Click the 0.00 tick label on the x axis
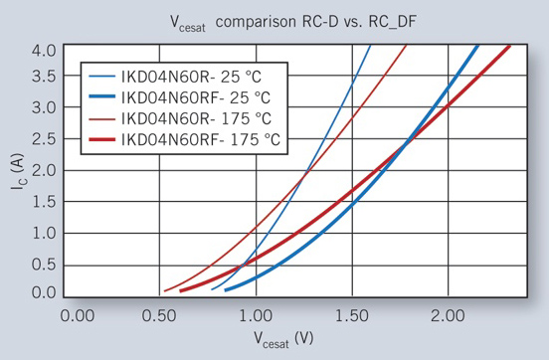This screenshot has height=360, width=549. (x=76, y=315)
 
